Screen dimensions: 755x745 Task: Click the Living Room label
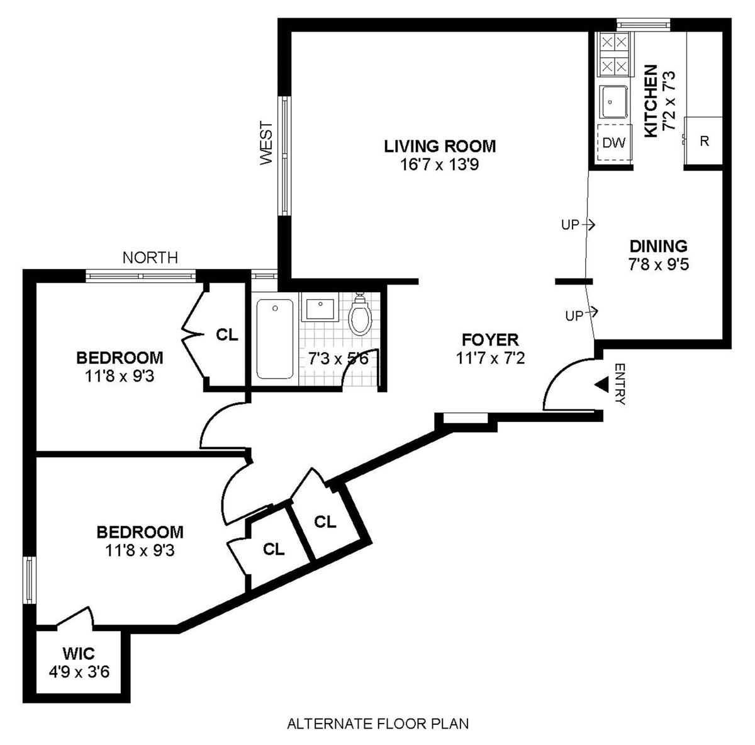click(x=440, y=147)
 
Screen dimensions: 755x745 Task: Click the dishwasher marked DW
click(x=613, y=143)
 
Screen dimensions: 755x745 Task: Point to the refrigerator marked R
click(x=704, y=141)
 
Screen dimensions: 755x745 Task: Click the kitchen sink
click(x=613, y=101)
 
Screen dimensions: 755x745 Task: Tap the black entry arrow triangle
click(x=601, y=384)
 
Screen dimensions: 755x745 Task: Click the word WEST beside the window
click(x=267, y=144)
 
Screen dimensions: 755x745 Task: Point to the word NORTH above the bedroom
click(x=150, y=258)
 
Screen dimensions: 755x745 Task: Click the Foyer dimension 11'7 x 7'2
click(x=490, y=358)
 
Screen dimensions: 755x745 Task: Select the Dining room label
click(x=658, y=246)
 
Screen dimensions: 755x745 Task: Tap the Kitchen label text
click(x=651, y=100)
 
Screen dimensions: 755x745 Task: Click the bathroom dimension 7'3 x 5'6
click(x=332, y=359)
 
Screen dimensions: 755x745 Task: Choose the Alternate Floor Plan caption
click(x=377, y=724)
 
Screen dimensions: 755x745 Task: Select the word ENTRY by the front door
click(x=619, y=384)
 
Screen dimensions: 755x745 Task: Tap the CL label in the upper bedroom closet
click(x=227, y=334)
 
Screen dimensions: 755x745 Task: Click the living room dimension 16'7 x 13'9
click(x=440, y=165)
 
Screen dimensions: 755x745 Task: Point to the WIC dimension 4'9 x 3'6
click(x=79, y=672)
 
